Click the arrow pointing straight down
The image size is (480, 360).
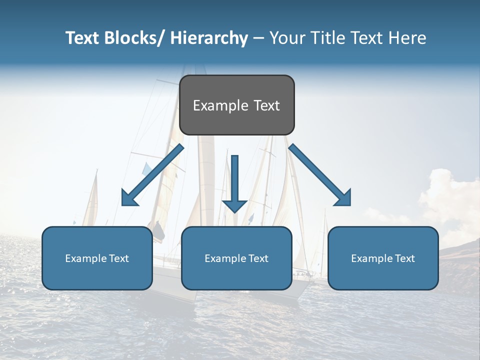pyautogui.click(x=234, y=182)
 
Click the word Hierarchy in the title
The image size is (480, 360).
pyautogui.click(x=208, y=38)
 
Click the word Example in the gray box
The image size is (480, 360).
pyautogui.click(x=220, y=105)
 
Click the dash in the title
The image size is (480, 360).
pyautogui.click(x=258, y=38)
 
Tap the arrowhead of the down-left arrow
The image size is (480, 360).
pyautogui.click(x=129, y=198)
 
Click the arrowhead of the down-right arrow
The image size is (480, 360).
pyautogui.click(x=343, y=198)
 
